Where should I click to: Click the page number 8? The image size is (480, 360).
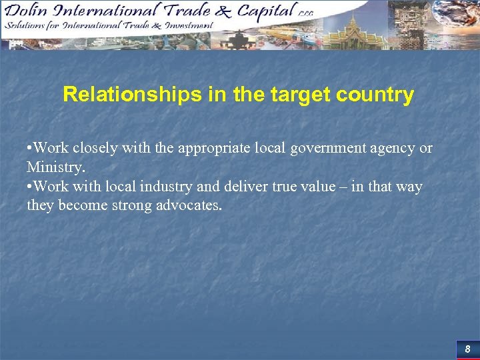(467, 349)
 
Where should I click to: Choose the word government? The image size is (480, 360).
(323, 147)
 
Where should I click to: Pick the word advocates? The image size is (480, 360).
(187, 205)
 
